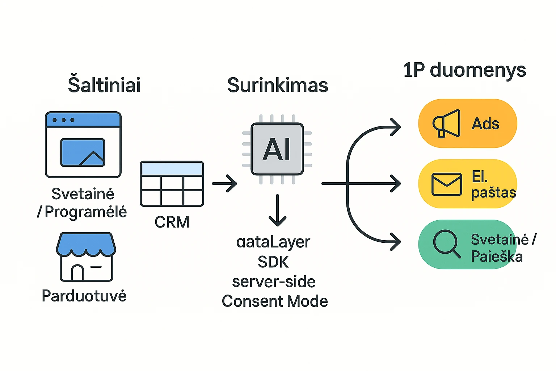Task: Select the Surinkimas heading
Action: (278, 85)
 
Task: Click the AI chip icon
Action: (277, 149)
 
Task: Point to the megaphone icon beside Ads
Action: (446, 124)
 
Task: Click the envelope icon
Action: (447, 184)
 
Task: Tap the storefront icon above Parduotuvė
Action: (86, 257)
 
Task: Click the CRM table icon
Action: (172, 184)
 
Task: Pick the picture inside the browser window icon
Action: (83, 152)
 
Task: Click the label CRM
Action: (172, 222)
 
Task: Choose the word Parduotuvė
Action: (84, 295)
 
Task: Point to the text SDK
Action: (273, 262)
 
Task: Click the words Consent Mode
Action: (275, 301)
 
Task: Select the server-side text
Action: (274, 282)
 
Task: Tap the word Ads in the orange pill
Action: (485, 124)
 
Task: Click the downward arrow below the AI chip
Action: (278, 210)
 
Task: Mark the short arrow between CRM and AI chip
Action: (225, 183)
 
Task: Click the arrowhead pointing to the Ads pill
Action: (396, 127)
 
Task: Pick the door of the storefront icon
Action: (77, 272)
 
